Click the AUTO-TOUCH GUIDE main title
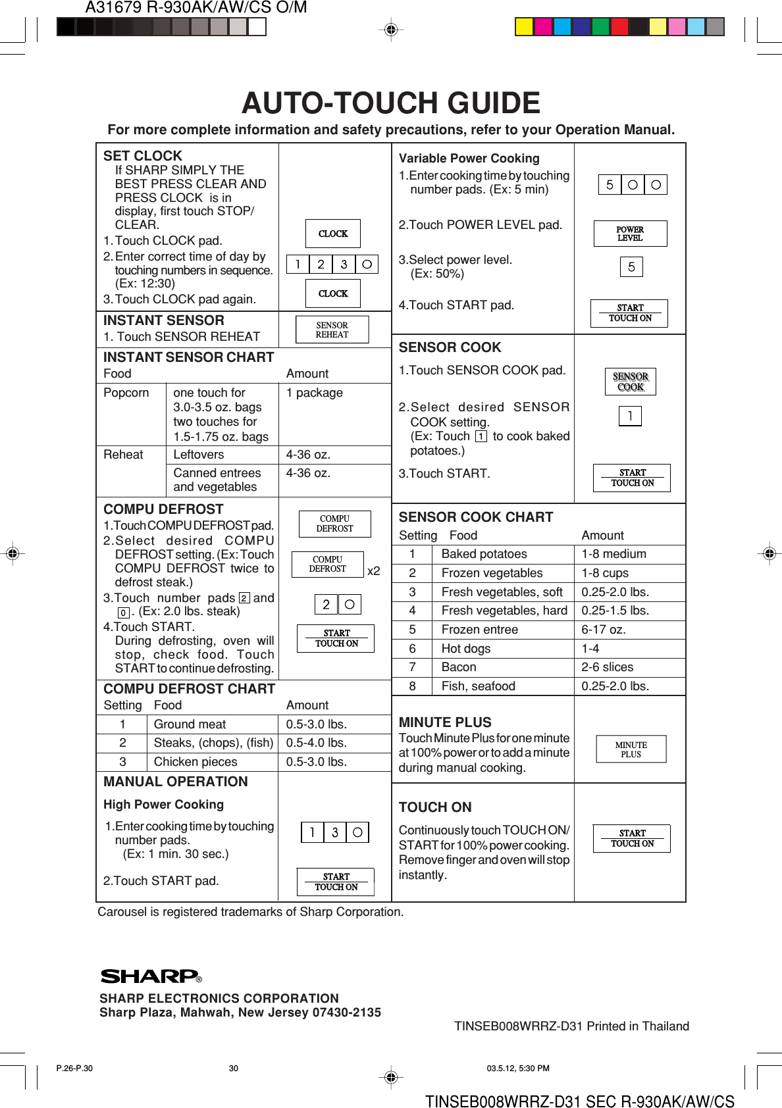pyautogui.click(x=391, y=103)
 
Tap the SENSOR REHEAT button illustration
pyautogui.click(x=332, y=330)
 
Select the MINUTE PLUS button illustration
pyautogui.click(x=631, y=749)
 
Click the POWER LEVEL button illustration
pyautogui.click(x=630, y=234)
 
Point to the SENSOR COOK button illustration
pyautogui.click(x=630, y=382)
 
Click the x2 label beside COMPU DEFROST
pyautogui.click(x=373, y=571)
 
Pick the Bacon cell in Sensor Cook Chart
pyautogui.click(x=459, y=667)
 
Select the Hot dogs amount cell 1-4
pyautogui.click(x=590, y=649)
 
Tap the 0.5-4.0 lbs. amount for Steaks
pyautogui.click(x=316, y=743)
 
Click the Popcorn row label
pyautogui.click(x=126, y=393)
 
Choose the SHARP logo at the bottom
pyautogui.click(x=150, y=976)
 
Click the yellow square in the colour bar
pyautogui.click(x=524, y=27)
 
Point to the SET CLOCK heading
pyautogui.click(x=143, y=156)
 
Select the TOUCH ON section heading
pyautogui.click(x=435, y=807)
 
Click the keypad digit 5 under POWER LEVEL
pyautogui.click(x=631, y=267)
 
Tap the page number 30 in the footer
pyautogui.click(x=234, y=1069)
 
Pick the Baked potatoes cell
pyautogui.click(x=484, y=554)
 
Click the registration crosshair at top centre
pyautogui.click(x=391, y=30)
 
